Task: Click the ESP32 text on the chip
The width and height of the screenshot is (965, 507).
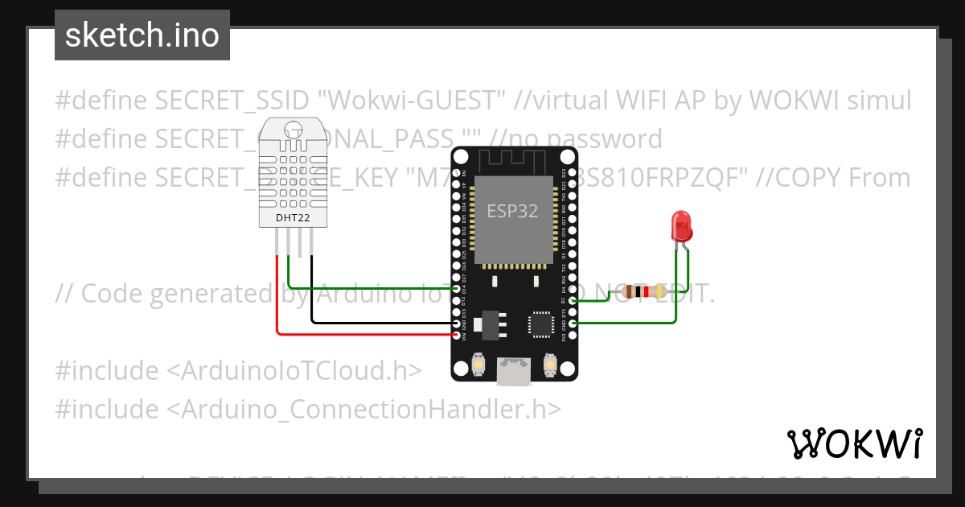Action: click(x=512, y=211)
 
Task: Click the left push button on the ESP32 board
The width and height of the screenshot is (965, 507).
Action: click(x=478, y=365)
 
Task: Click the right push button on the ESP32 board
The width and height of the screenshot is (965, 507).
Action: click(x=551, y=365)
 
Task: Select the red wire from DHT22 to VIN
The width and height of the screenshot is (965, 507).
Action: click(x=362, y=333)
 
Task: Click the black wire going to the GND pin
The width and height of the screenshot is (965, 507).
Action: click(x=378, y=324)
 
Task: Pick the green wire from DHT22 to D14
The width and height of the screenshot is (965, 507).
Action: click(x=370, y=288)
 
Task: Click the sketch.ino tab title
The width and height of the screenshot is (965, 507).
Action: click(x=142, y=35)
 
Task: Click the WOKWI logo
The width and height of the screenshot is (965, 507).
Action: click(x=853, y=443)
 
